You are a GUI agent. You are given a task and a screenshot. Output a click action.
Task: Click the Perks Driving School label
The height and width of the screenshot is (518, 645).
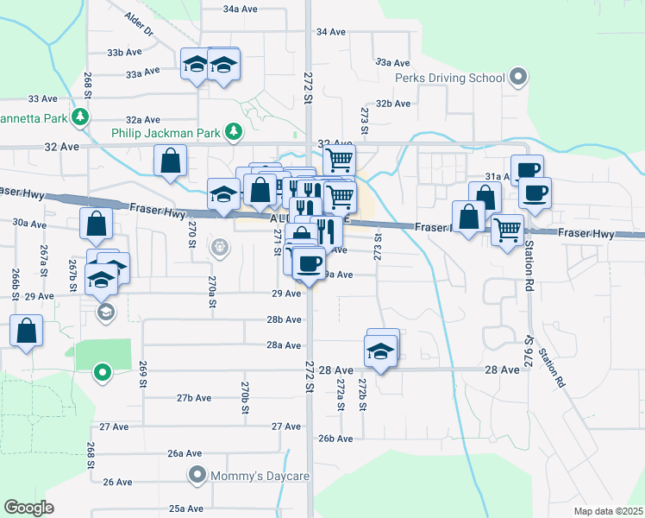click(x=449, y=79)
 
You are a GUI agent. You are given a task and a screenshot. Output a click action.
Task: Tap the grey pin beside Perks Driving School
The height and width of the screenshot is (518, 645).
click(x=517, y=78)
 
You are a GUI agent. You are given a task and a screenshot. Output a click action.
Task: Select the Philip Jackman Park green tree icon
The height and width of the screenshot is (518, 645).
click(x=232, y=132)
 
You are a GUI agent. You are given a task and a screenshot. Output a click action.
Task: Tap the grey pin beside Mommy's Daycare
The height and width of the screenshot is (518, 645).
click(x=197, y=474)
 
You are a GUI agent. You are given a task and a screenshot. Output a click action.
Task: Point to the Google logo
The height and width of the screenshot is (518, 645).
click(x=28, y=508)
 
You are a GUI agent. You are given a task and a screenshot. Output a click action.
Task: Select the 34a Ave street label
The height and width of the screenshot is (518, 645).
click(x=241, y=9)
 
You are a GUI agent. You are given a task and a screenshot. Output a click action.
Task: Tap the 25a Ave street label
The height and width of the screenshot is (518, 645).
click(x=185, y=509)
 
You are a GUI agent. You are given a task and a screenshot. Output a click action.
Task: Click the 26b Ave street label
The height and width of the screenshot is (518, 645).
click(x=335, y=439)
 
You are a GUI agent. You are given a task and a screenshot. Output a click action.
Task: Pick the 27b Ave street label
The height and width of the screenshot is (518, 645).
click(x=194, y=398)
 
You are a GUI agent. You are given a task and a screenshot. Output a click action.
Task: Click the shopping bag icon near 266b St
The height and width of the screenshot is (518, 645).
click(x=27, y=331)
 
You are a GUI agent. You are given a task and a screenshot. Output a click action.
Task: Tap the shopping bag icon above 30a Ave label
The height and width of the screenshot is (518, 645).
click(x=96, y=223)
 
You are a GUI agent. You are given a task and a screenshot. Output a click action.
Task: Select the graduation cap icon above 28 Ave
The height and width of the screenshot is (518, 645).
click(x=379, y=350)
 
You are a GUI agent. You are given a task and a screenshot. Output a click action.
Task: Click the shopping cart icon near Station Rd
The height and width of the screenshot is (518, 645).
click(x=507, y=229)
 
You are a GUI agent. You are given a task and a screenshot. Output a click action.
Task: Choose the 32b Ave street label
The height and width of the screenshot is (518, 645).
click(x=392, y=104)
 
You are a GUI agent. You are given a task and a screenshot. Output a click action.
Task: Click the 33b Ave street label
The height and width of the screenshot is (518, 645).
click(x=124, y=53)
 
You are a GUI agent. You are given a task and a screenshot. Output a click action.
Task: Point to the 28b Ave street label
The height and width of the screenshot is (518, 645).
click(x=284, y=319)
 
